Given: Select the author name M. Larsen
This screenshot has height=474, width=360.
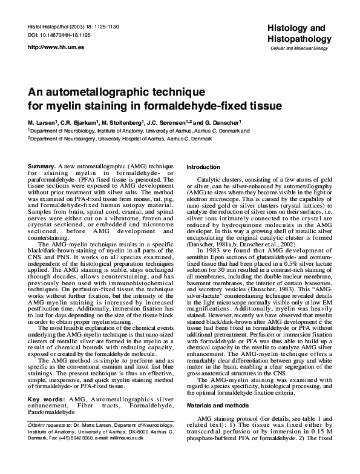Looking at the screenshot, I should tap(43, 122).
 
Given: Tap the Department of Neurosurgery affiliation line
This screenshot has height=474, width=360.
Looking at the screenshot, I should tap(120, 138).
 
